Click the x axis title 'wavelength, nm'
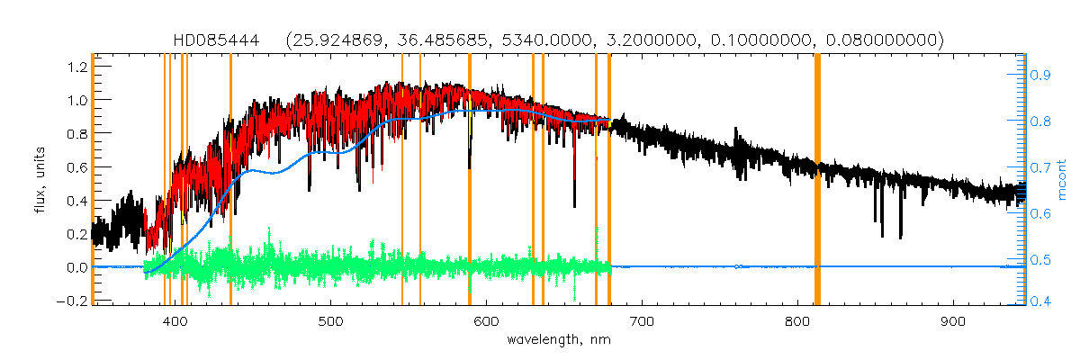(x=559, y=340)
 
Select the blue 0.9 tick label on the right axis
(x=1041, y=76)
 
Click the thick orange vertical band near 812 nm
(x=817, y=180)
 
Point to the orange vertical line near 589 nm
(x=470, y=180)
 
